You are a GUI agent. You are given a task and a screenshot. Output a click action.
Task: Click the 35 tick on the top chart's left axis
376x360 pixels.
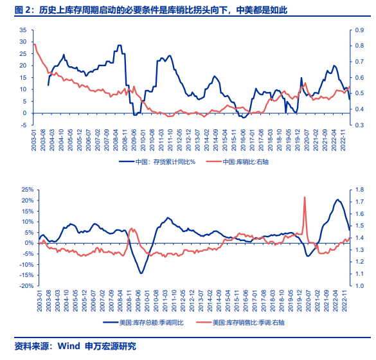(x=23, y=30)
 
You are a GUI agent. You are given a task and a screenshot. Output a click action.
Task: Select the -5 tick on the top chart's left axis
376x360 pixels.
(x=23, y=125)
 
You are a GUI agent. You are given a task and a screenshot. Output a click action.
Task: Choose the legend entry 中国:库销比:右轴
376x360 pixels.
(x=250, y=162)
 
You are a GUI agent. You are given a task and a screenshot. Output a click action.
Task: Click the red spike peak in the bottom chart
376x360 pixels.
(x=304, y=197)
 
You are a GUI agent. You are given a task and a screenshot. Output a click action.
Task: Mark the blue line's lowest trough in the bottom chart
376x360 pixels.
(x=141, y=273)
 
